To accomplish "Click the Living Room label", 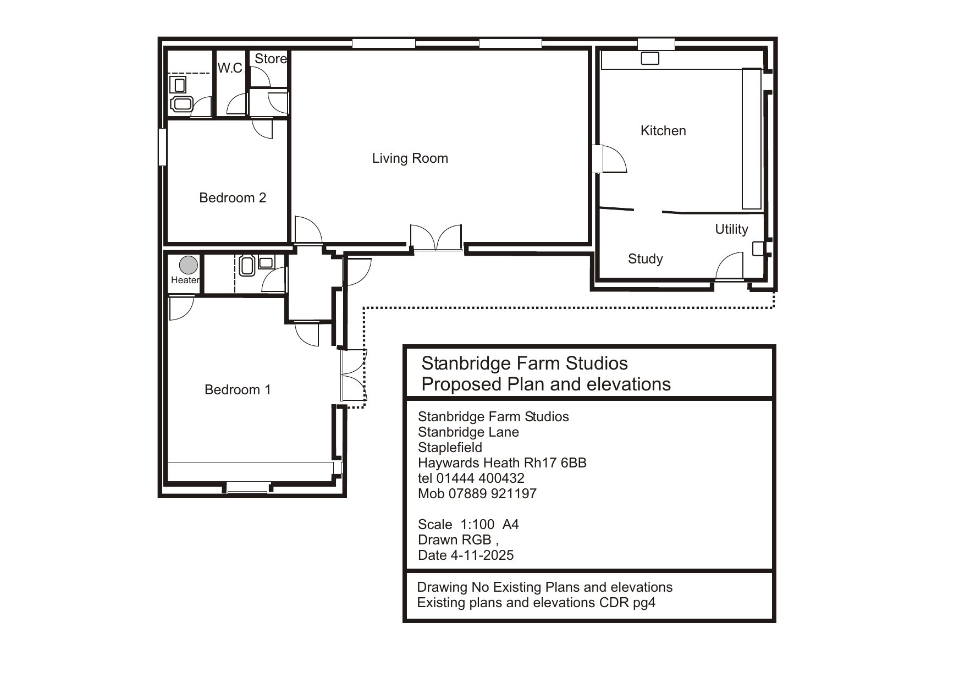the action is click(410, 158).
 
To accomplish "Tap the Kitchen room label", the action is click(663, 131).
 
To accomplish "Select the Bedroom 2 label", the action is click(233, 197).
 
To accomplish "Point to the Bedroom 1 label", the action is click(238, 390).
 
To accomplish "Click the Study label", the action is click(646, 259).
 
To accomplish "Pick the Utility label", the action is click(731, 229).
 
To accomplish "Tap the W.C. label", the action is click(230, 68).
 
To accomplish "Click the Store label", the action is click(271, 59).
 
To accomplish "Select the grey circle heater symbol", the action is click(189, 265).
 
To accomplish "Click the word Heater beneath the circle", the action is click(185, 280).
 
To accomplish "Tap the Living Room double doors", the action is click(436, 238).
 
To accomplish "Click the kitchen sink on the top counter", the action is click(650, 58).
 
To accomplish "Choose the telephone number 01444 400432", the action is click(480, 478).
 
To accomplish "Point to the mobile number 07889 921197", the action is click(494, 494).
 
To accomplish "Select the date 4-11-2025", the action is click(482, 555).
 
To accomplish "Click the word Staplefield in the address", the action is click(450, 448).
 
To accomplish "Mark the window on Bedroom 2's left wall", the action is click(162, 147).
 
